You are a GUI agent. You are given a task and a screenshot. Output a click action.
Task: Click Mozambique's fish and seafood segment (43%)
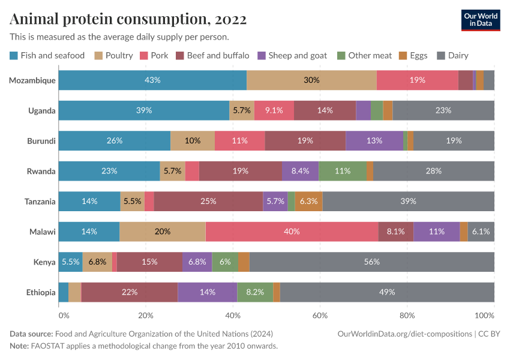152,80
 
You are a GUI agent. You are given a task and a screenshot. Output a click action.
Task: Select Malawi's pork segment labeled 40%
292,232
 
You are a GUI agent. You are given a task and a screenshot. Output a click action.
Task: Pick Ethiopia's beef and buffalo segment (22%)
130,292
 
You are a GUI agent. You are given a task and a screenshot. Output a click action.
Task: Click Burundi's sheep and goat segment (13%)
374,141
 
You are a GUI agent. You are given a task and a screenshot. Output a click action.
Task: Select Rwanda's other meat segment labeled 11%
343,171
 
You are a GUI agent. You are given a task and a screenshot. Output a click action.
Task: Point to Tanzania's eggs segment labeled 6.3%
309,202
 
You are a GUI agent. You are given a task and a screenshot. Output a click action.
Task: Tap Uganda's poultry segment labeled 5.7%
242,110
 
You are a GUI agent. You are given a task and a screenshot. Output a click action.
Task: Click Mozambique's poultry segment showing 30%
311,80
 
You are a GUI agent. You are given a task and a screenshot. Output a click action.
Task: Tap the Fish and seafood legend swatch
14,56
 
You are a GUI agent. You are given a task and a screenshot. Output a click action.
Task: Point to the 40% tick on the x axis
232,315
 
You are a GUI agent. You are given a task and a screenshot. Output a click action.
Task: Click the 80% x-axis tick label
407,315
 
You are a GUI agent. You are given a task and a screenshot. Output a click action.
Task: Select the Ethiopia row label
40,292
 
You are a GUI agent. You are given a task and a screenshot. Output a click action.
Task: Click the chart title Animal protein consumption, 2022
128,20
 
